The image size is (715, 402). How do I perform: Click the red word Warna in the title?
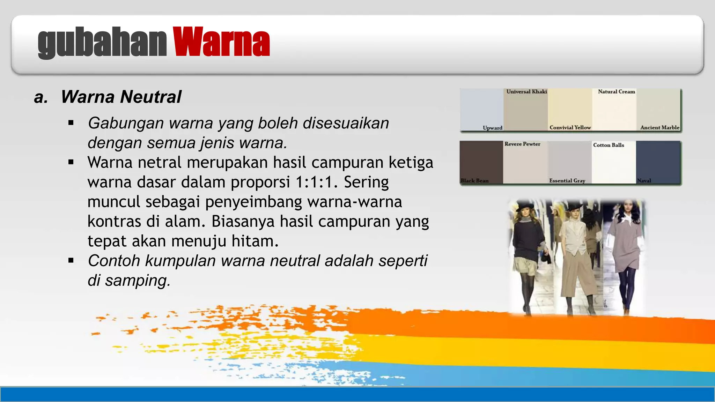click(x=221, y=42)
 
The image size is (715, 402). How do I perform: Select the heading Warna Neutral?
click(x=121, y=97)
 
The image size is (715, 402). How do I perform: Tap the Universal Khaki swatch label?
click(x=526, y=92)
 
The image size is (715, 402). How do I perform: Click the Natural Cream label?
click(x=616, y=92)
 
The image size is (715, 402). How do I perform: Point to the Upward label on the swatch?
click(x=492, y=128)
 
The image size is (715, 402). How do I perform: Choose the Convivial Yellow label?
click(x=570, y=128)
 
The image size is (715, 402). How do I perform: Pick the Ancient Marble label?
click(x=659, y=128)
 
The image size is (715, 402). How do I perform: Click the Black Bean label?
click(x=474, y=181)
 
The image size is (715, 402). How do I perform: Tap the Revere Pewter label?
click(x=522, y=144)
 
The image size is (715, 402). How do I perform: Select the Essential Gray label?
click(x=567, y=181)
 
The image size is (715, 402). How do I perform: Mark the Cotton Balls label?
click(x=609, y=145)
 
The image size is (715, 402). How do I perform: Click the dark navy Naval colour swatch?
click(x=658, y=161)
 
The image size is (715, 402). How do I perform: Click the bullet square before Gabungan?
click(x=71, y=123)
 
